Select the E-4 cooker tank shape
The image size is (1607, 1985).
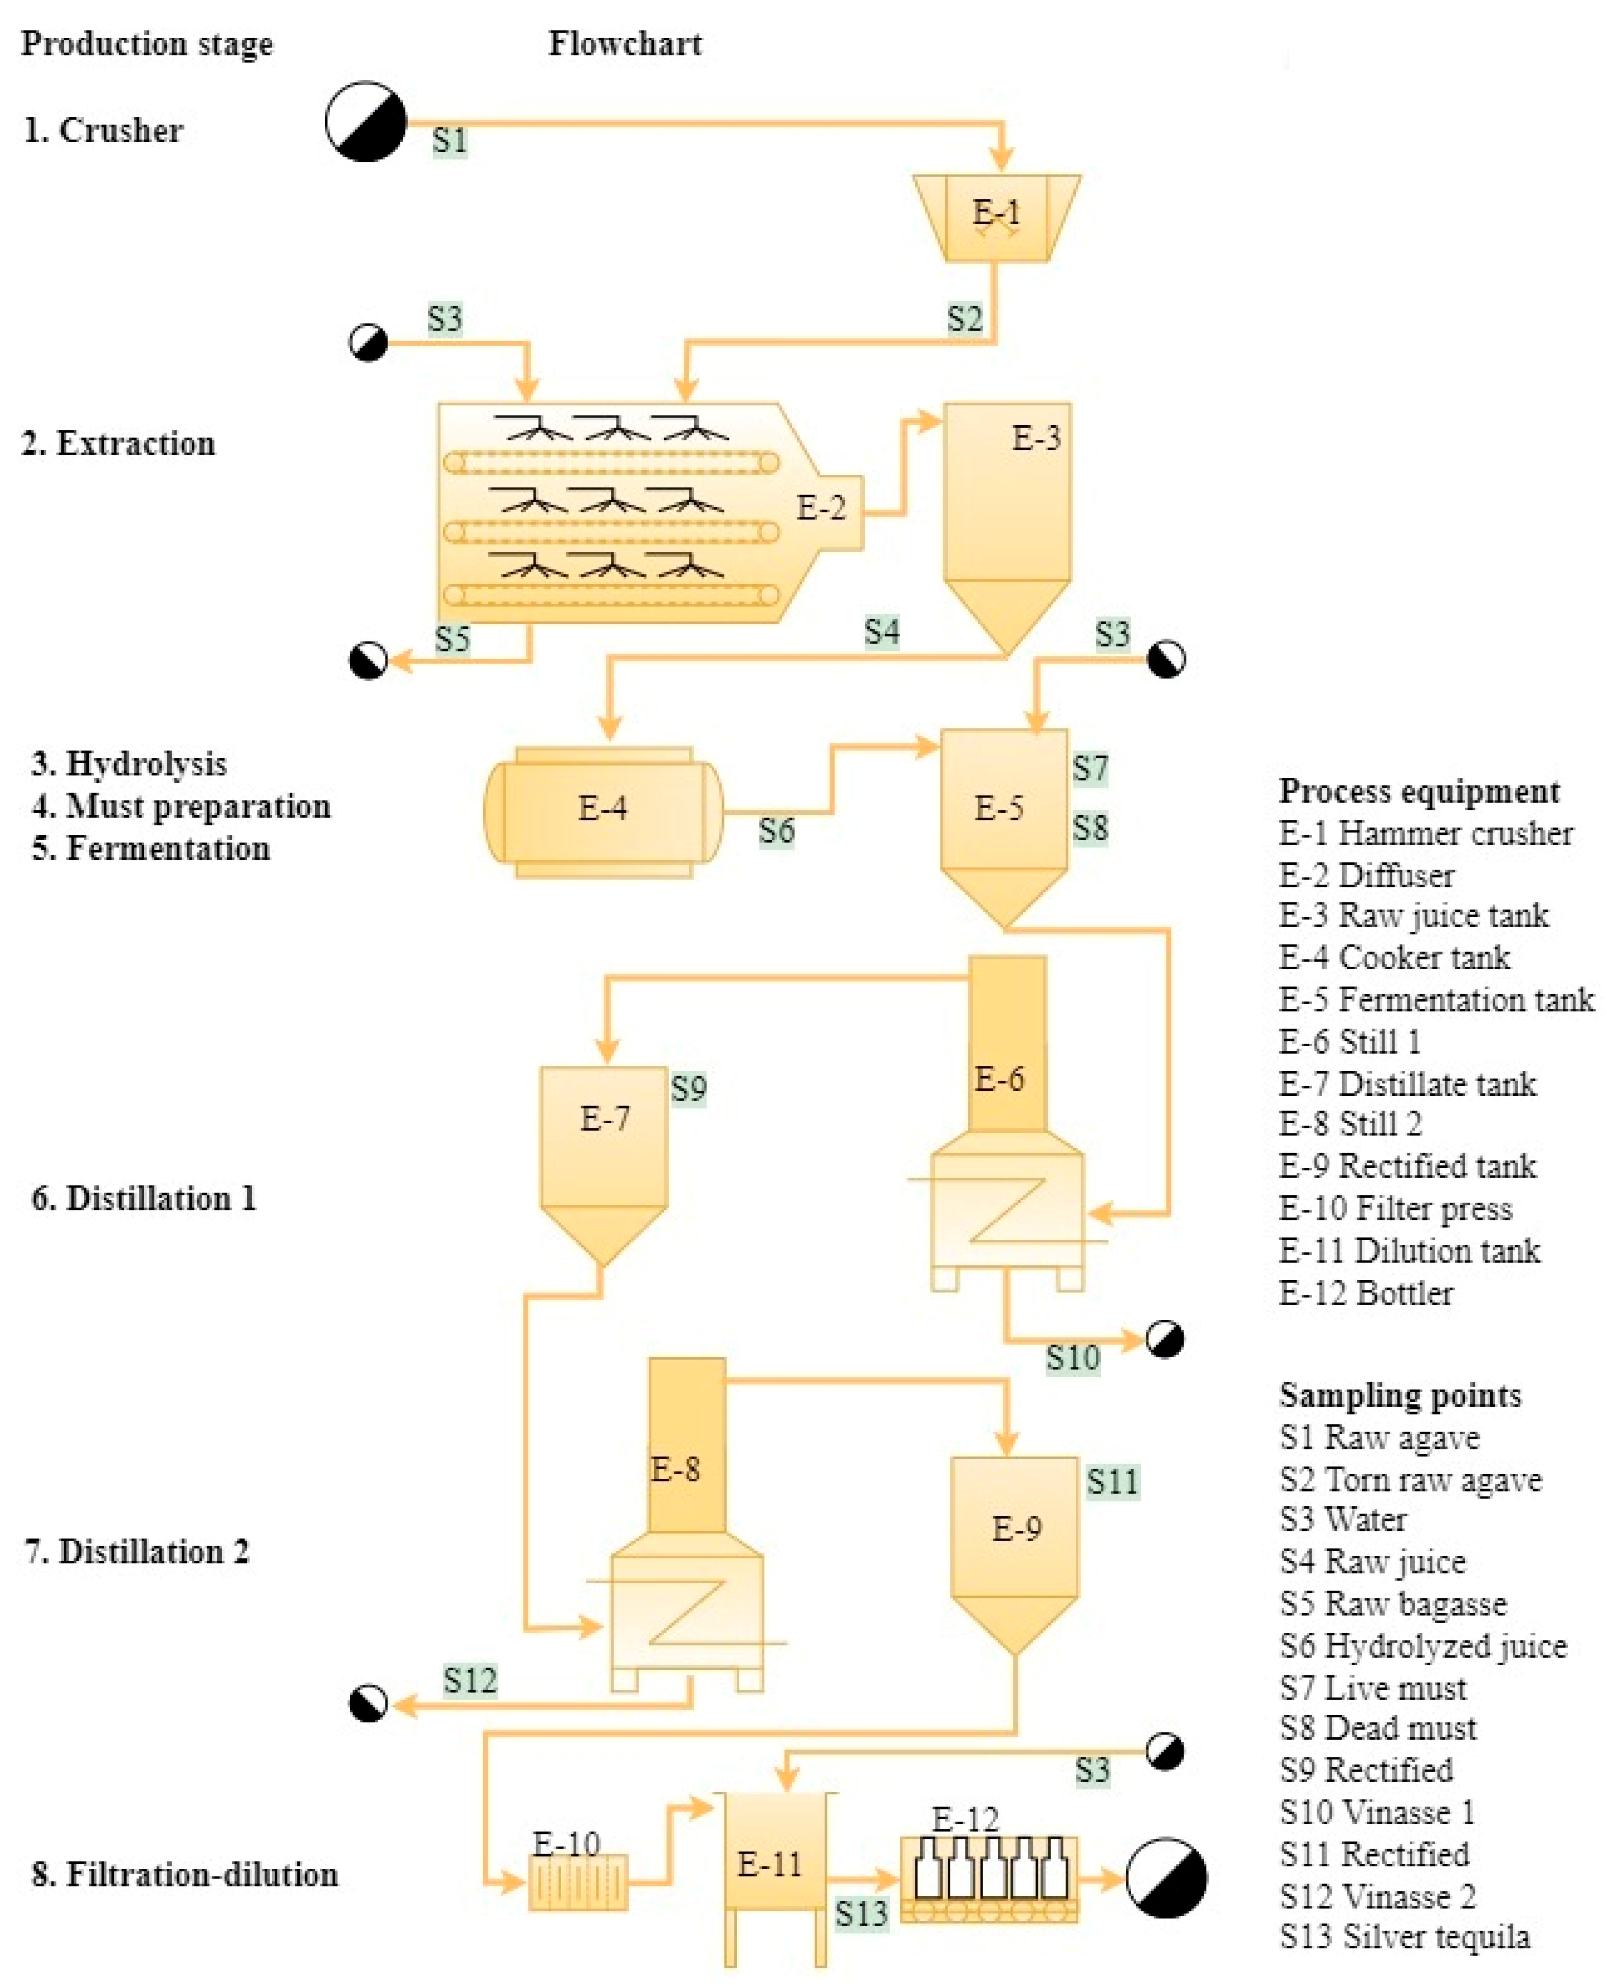pyautogui.click(x=602, y=812)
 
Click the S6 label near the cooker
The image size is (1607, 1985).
pyautogui.click(x=776, y=830)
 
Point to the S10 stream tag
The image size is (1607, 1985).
pyautogui.click(x=1073, y=1358)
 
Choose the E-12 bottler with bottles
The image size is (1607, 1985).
pyautogui.click(x=988, y=1879)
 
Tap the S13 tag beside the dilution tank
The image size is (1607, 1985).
pyautogui.click(x=861, y=1913)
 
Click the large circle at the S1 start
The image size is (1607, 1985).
pyautogui.click(x=365, y=121)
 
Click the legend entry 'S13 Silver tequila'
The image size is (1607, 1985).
pyautogui.click(x=1404, y=1936)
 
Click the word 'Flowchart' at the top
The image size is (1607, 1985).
pyautogui.click(x=625, y=44)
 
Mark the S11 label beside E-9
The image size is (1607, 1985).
pyautogui.click(x=1112, y=1482)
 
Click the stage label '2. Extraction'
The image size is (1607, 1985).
pyautogui.click(x=119, y=443)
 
